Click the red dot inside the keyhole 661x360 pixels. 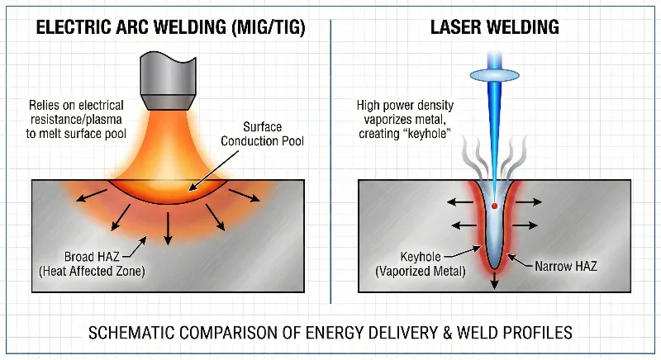tap(493, 204)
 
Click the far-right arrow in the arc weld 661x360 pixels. tap(263, 197)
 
